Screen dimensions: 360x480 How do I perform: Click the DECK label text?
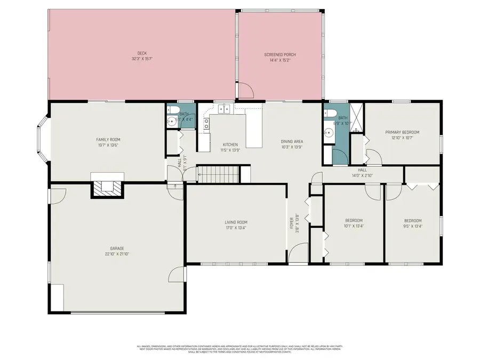pyautogui.click(x=142, y=53)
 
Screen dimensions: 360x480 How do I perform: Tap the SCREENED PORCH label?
pyautogui.click(x=280, y=54)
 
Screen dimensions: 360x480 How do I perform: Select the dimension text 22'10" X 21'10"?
pyautogui.click(x=117, y=254)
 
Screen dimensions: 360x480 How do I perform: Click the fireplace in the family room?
pyautogui.click(x=108, y=189)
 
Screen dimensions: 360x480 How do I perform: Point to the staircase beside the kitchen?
pyautogui.click(x=218, y=174)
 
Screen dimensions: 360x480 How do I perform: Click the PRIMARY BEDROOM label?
pyautogui.click(x=403, y=132)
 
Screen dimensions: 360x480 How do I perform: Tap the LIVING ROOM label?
pyautogui.click(x=235, y=222)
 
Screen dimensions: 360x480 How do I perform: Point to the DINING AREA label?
pyautogui.click(x=292, y=141)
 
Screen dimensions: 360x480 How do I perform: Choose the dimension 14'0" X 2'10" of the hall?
pyautogui.click(x=363, y=175)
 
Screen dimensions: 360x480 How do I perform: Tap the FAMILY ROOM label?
pyautogui.click(x=108, y=140)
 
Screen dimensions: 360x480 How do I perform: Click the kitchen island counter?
pyautogui.click(x=254, y=128)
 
